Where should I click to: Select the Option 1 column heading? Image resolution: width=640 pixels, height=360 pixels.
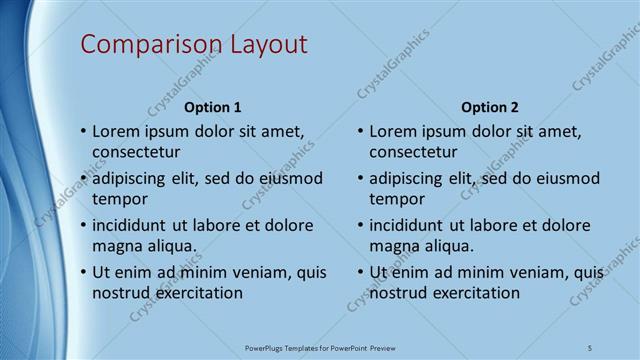tap(212, 107)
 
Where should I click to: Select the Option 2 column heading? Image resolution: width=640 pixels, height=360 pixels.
tap(490, 107)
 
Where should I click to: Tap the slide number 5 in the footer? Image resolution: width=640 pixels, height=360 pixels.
tap(590, 348)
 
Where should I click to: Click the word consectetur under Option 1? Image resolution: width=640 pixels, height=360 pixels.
tap(136, 153)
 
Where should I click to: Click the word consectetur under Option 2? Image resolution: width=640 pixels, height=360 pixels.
tap(413, 153)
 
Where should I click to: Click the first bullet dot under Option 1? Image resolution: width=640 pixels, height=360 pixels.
tap(83, 132)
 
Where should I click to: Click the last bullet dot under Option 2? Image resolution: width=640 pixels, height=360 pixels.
tap(360, 272)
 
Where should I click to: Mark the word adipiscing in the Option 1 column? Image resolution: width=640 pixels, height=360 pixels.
tap(134, 179)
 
